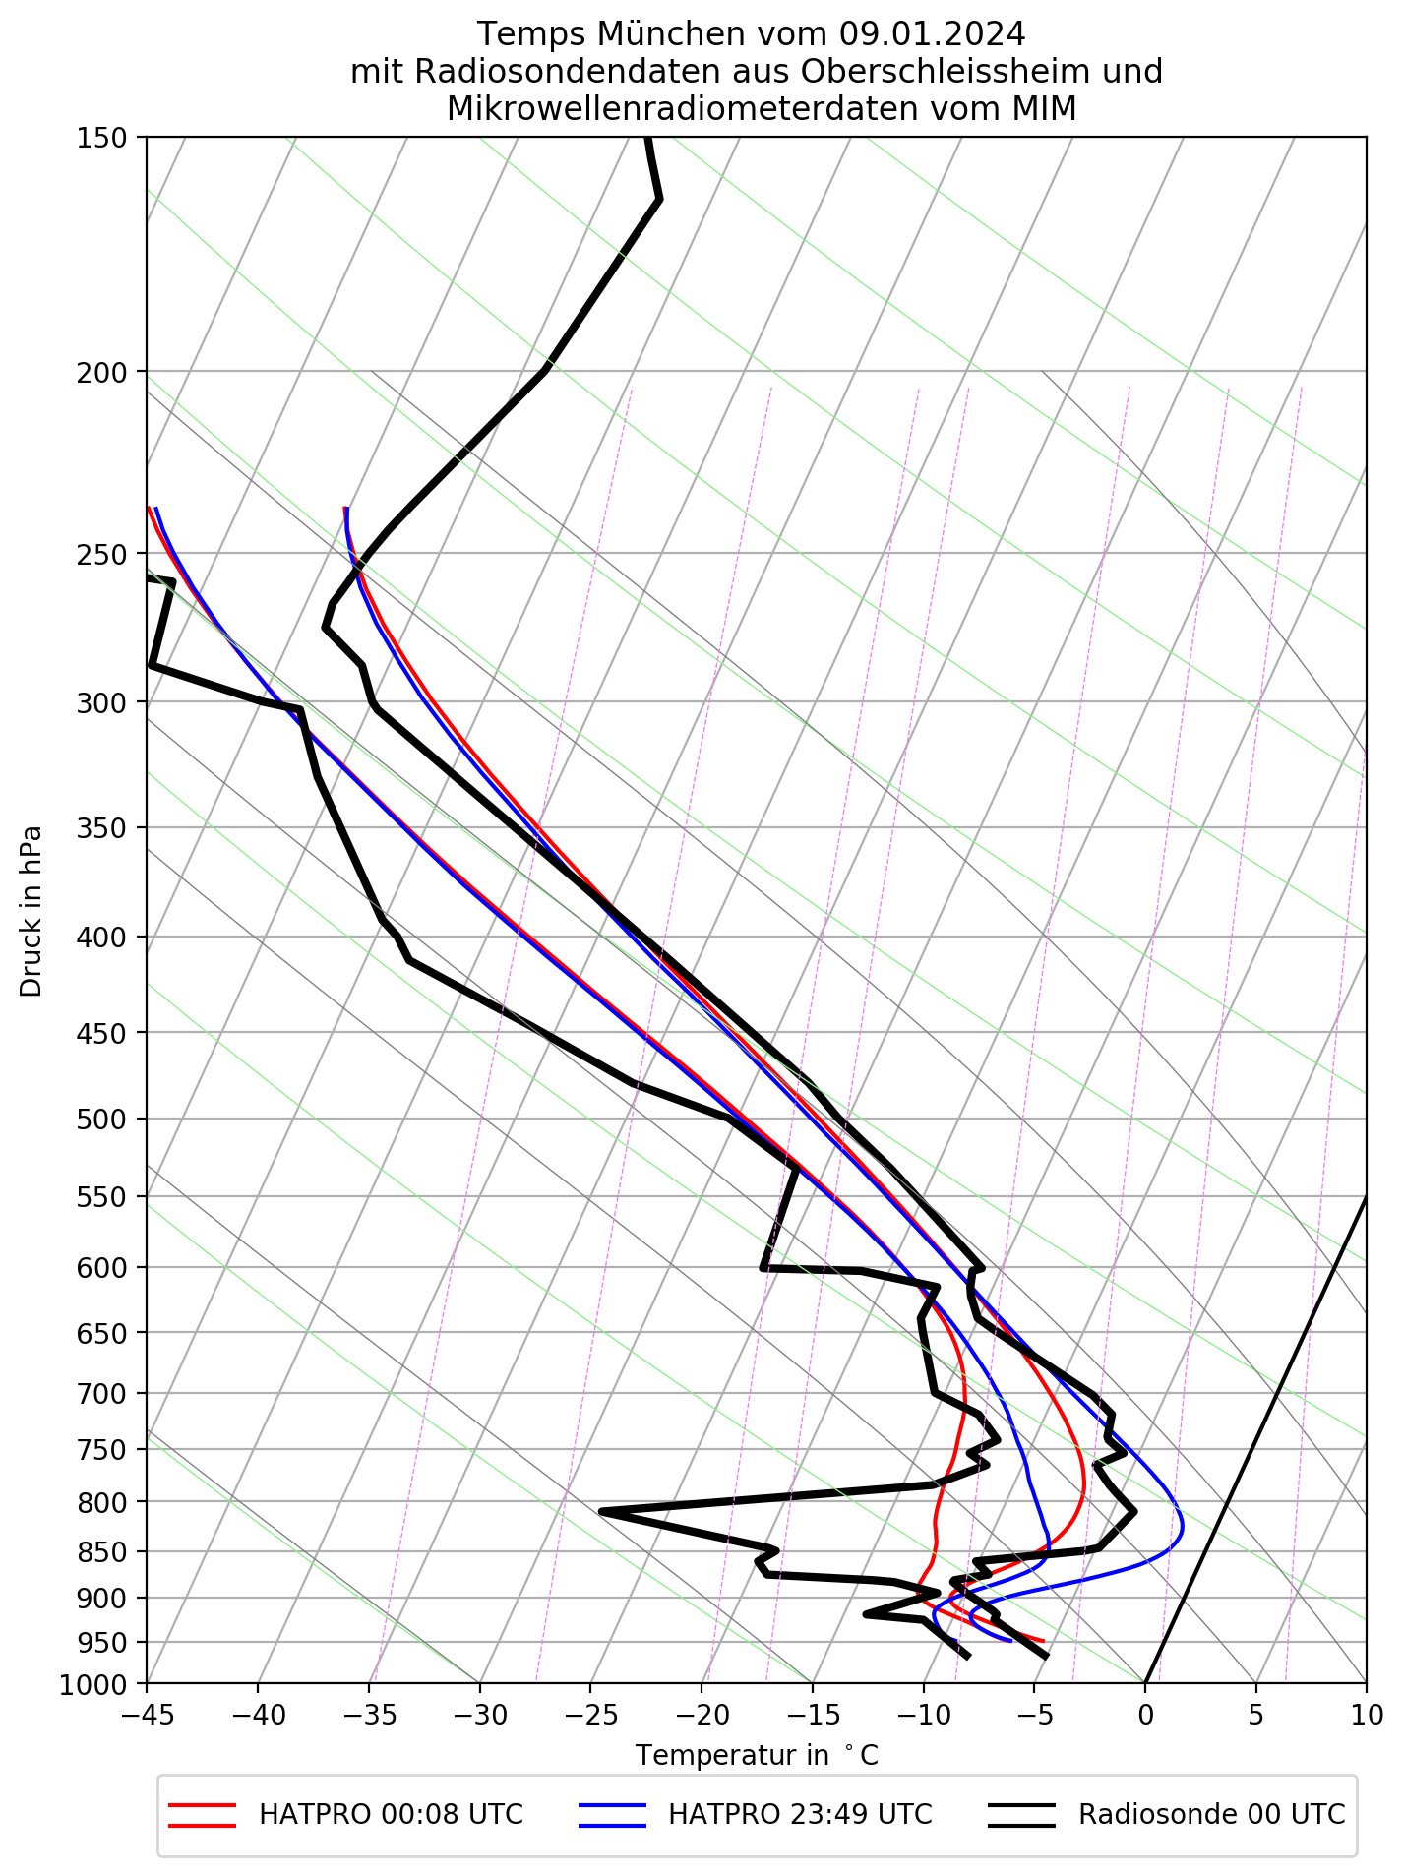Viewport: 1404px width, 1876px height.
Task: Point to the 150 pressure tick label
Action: [101, 139]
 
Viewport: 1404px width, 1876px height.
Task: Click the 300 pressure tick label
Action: [101, 702]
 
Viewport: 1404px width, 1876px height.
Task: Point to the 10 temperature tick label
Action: [1367, 1716]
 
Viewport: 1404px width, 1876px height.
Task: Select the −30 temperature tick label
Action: [479, 1716]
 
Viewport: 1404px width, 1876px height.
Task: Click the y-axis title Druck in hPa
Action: [31, 910]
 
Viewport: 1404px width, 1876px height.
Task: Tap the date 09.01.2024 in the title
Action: [933, 35]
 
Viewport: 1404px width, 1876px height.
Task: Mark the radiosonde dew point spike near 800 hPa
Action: [601, 1511]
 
